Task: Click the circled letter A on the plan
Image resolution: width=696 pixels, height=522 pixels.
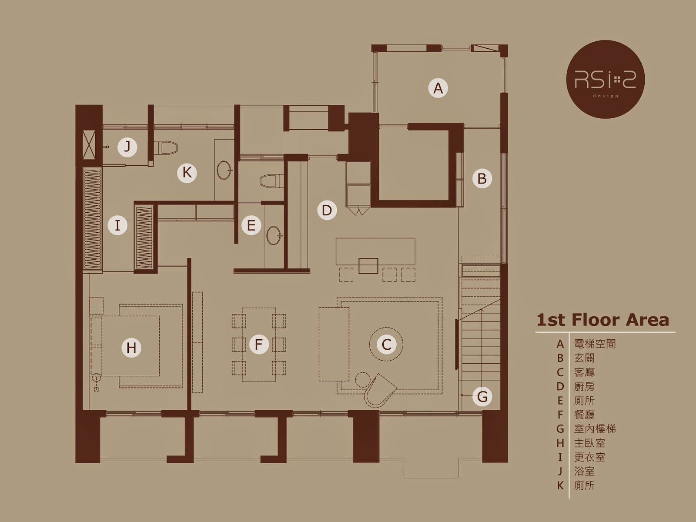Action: pos(438,88)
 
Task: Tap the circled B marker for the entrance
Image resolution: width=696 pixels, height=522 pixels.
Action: pos(482,178)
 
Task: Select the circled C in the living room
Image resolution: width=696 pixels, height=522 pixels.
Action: pos(386,344)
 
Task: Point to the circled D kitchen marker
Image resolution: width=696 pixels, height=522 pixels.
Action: pos(327,211)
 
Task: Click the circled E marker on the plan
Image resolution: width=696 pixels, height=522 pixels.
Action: pos(251,225)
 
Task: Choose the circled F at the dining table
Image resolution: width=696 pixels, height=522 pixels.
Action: pos(259,344)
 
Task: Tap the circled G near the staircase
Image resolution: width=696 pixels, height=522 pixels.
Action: pos(482,396)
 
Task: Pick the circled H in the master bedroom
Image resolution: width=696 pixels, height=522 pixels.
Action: pos(131,348)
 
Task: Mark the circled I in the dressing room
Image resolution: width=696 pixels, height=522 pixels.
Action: pos(117,226)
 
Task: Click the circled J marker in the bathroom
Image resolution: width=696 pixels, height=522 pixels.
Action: pos(127,147)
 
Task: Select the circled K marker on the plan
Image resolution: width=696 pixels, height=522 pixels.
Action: pos(187,173)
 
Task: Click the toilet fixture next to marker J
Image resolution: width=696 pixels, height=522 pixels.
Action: pos(166,148)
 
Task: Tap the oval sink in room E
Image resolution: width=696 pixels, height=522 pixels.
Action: pos(274,235)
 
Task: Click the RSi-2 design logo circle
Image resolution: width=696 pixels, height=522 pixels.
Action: pos(606,79)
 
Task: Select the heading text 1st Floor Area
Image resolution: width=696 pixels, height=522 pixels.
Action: pos(603,321)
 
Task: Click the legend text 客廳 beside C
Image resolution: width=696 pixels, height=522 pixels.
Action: pos(584,372)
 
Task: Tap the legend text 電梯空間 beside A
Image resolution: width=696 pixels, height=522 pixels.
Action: pos(595,344)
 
